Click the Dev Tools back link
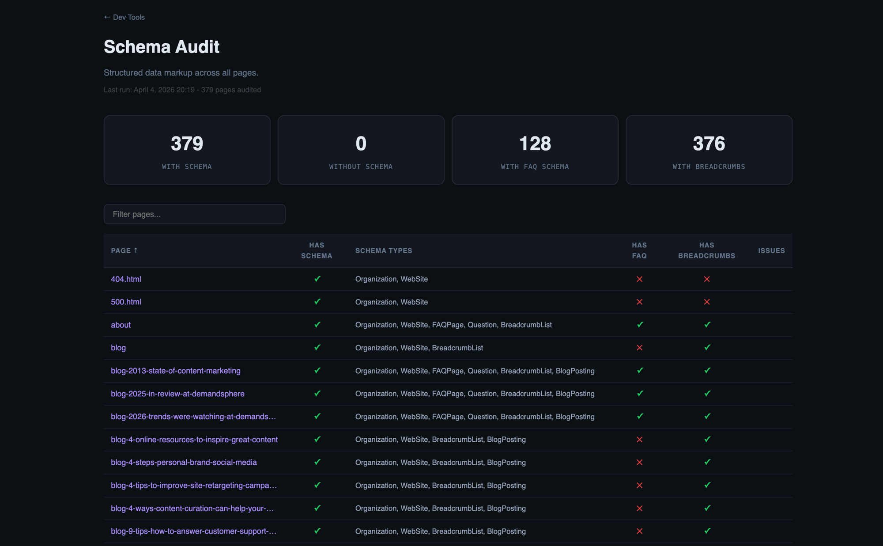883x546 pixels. (x=125, y=17)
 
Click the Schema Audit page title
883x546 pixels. (x=162, y=47)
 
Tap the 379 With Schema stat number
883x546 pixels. (x=187, y=144)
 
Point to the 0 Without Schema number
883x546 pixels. (x=361, y=144)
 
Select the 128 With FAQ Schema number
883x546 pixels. (x=535, y=144)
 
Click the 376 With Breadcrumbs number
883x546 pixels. (x=709, y=144)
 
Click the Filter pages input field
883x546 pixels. (x=194, y=214)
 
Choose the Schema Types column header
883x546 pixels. (x=384, y=250)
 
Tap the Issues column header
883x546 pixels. (x=771, y=250)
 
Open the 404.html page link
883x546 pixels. (x=126, y=279)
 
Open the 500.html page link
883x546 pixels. (x=126, y=302)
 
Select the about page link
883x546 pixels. (x=121, y=325)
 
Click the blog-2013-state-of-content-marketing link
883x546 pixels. (x=176, y=371)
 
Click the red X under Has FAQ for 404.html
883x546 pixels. (x=639, y=279)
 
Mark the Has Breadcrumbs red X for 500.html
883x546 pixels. (x=707, y=302)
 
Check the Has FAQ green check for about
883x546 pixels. (x=640, y=325)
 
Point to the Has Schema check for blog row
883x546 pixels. (x=317, y=348)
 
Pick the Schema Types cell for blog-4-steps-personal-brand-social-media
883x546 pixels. (x=440, y=463)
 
